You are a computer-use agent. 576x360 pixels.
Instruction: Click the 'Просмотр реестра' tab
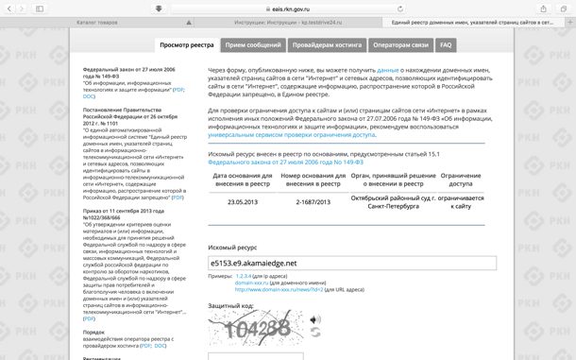186,44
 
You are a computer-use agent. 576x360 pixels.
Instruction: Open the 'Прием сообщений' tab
253,44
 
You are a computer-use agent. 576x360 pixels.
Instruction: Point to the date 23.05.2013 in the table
243,201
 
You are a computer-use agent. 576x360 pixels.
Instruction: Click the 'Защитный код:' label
231,306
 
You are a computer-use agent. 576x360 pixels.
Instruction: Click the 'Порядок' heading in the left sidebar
93,333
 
